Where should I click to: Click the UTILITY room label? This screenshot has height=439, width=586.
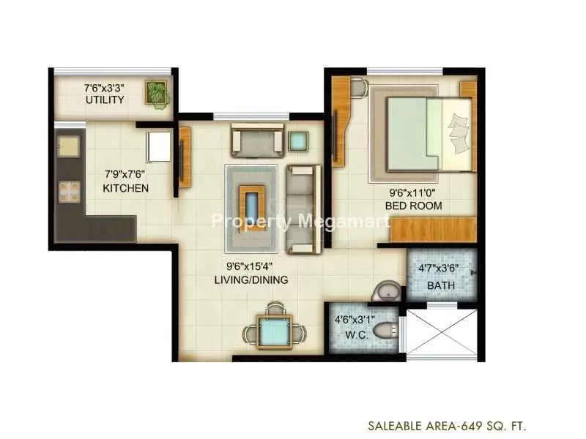[105, 100]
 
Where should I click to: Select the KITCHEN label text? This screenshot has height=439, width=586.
[125, 188]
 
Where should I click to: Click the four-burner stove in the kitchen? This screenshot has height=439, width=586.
[69, 192]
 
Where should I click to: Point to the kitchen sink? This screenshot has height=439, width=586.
[69, 146]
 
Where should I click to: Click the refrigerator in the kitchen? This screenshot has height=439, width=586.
[160, 147]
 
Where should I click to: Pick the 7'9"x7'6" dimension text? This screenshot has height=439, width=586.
[125, 174]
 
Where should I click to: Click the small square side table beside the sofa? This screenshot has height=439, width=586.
[298, 141]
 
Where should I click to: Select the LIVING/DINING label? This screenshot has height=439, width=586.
[251, 280]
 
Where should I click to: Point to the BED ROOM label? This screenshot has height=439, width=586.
[413, 206]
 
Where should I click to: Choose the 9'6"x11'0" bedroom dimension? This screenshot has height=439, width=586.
[412, 193]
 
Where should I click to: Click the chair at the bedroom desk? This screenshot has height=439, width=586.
[360, 88]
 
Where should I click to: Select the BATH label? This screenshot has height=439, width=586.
[441, 286]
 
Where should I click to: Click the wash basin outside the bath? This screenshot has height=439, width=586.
[387, 291]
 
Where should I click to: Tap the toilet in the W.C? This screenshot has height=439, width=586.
[387, 330]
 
